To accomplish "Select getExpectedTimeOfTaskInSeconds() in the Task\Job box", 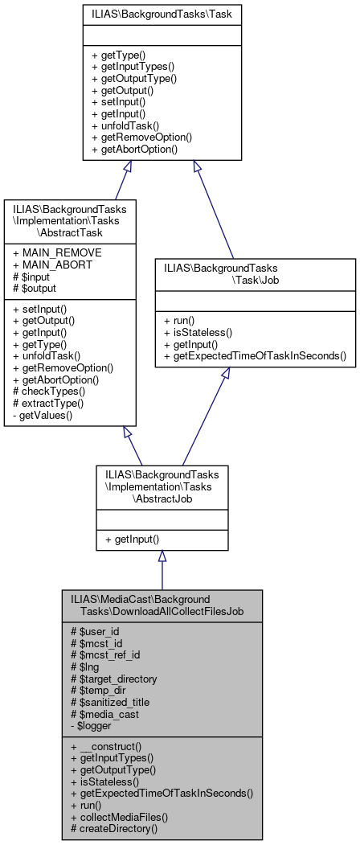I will point(253,355).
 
